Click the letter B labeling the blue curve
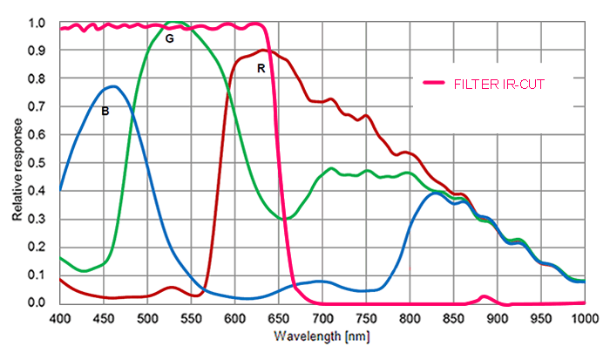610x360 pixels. (x=105, y=111)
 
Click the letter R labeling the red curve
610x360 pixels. (x=261, y=67)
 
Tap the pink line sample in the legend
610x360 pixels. (x=435, y=83)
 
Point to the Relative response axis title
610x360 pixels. (x=17, y=163)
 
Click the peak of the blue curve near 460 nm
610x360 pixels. (x=112, y=86)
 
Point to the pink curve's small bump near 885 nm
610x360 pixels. (x=485, y=297)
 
